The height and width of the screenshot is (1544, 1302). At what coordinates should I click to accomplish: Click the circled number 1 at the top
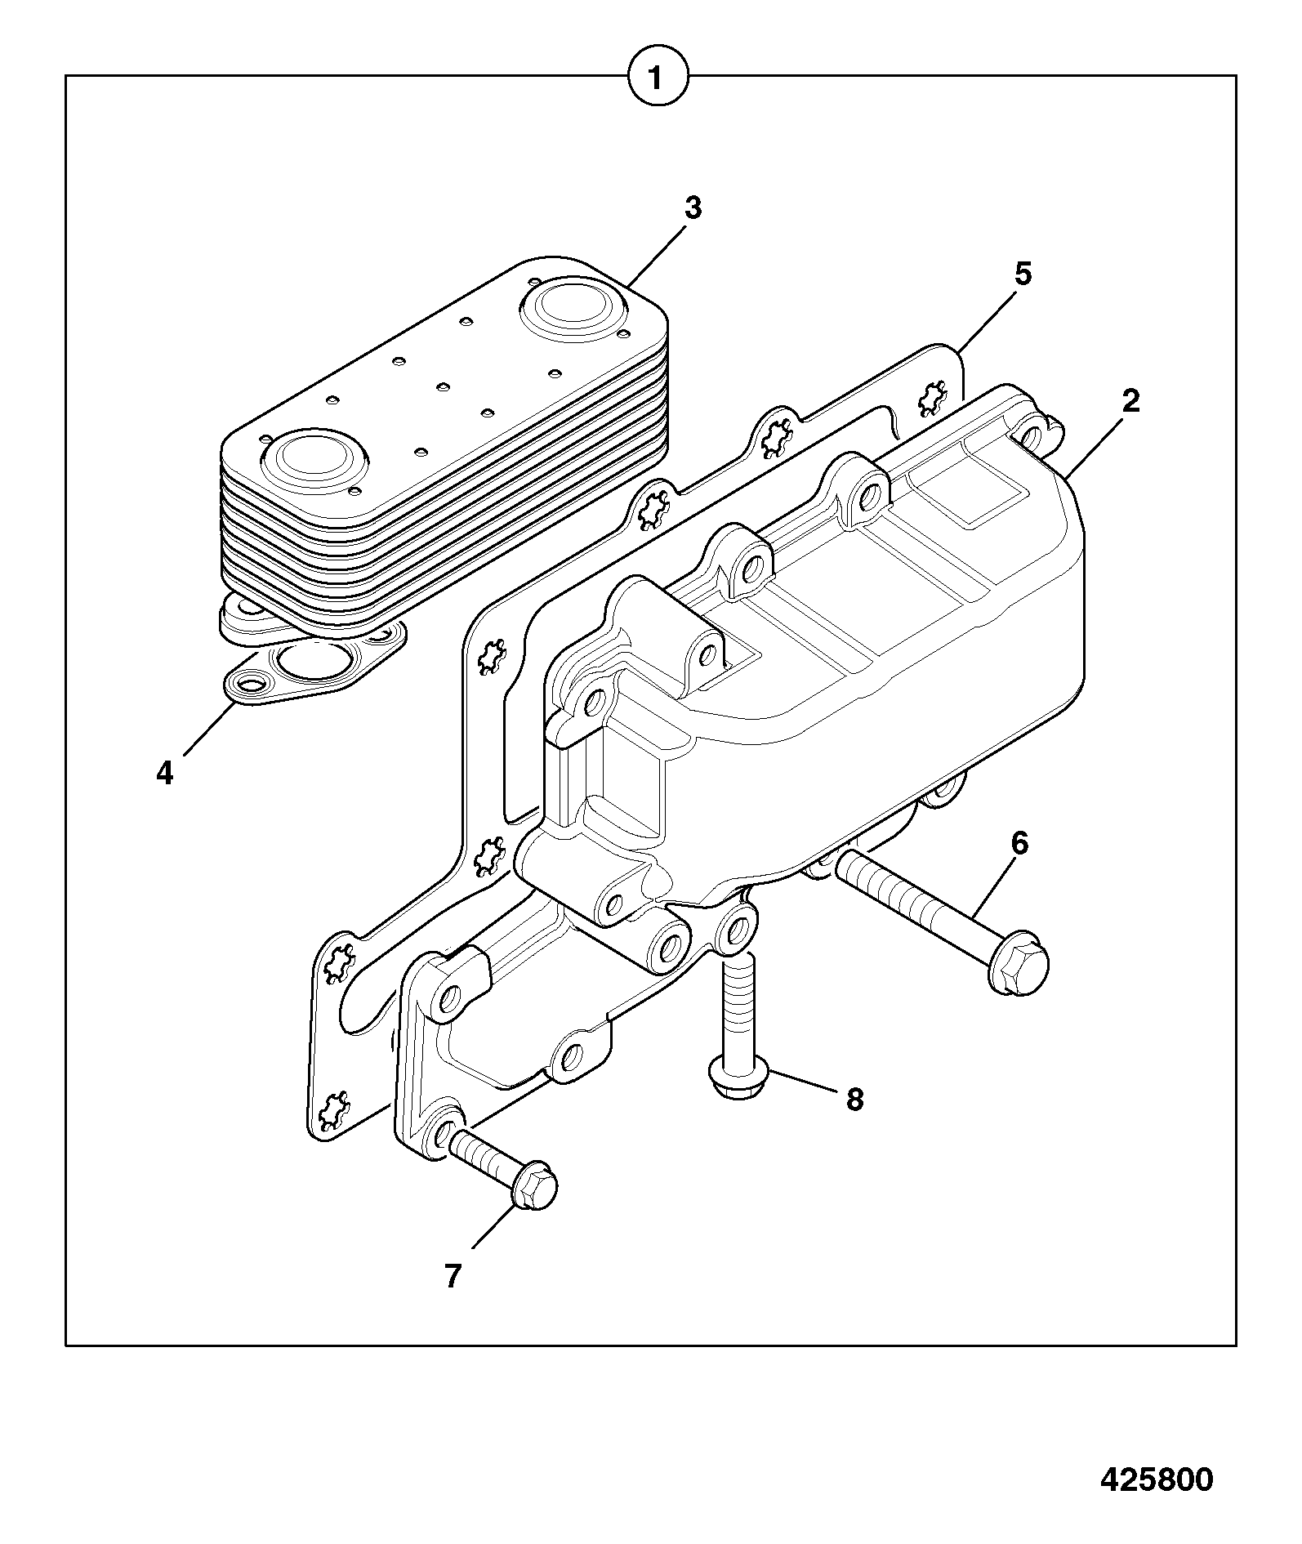tap(658, 78)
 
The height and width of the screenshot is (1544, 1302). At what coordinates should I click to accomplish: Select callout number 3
tap(693, 209)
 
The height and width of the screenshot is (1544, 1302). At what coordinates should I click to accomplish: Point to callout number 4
tap(165, 772)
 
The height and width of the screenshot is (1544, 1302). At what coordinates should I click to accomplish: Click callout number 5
tap(1023, 274)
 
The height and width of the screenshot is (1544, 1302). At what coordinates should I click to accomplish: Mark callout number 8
tap(854, 1100)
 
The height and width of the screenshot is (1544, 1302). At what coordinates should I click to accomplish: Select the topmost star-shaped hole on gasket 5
tap(929, 399)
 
